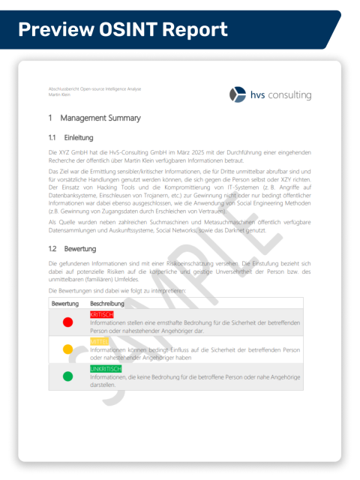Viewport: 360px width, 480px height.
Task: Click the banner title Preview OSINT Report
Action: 122,29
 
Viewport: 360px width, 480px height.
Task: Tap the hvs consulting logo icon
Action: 238,94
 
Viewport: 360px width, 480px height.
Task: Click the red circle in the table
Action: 67,322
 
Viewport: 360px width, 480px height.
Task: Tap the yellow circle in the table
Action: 67,349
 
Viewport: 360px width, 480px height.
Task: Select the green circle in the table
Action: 67,376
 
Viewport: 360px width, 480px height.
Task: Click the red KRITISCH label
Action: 101,314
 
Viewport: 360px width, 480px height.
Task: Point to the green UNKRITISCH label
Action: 106,369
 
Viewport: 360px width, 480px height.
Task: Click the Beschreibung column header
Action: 107,303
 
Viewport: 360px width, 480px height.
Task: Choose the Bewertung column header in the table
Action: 65,303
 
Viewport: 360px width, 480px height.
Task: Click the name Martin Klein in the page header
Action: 60,95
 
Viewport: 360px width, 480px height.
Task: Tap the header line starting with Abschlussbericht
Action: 94,89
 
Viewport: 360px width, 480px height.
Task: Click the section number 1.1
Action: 52,138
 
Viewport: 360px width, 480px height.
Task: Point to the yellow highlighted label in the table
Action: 99,341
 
